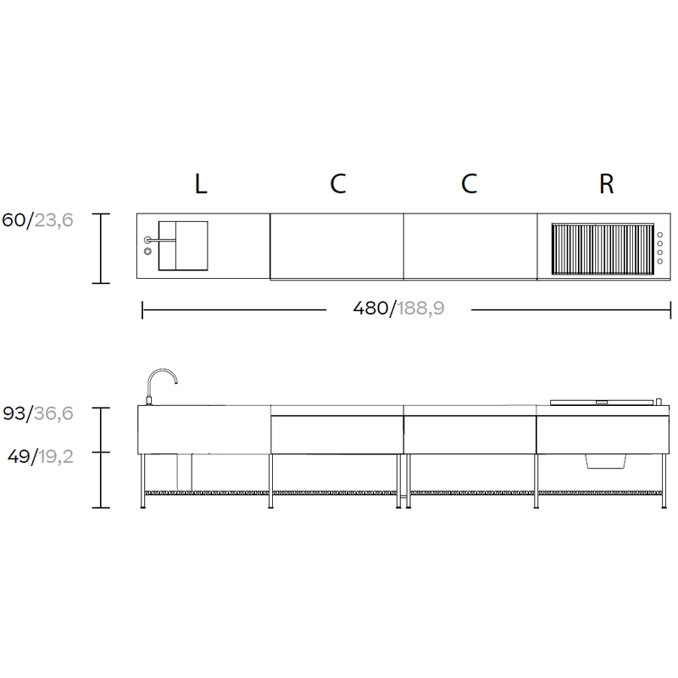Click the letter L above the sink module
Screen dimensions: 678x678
tap(201, 184)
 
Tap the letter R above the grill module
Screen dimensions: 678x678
tap(606, 184)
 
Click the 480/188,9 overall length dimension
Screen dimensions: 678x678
tap(398, 308)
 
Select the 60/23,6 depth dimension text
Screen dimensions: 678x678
tap(37, 220)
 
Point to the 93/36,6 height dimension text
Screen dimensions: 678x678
tap(38, 414)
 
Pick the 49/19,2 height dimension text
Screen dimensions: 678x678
tap(40, 456)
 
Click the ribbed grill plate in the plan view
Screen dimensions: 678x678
tap(603, 249)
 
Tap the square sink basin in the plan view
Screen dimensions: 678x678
tap(183, 246)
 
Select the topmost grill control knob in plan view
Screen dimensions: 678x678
tap(660, 235)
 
